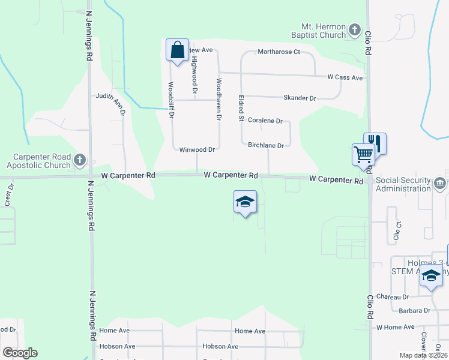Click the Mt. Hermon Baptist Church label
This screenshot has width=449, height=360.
pos(324,31)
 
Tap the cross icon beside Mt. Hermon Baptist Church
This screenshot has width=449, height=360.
pos(355,29)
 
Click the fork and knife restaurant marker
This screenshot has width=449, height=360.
pos(375,142)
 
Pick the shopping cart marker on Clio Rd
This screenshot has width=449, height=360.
pos(363,154)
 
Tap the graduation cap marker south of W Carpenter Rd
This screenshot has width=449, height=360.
pos(245,202)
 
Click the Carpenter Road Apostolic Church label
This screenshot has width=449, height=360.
pos(38,160)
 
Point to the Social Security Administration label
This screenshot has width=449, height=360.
pos(403,185)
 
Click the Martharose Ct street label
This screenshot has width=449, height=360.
pos(279,52)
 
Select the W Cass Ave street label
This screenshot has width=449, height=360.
pos(345,78)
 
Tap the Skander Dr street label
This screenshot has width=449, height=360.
pos(300,98)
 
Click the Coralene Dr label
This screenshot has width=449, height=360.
pos(265,121)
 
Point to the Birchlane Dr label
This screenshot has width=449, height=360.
pos(266,145)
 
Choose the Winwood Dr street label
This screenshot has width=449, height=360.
pos(197,149)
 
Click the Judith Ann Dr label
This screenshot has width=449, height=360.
pos(110,103)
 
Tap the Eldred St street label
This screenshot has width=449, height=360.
pos(240,108)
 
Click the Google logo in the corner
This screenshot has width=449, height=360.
pos(19,353)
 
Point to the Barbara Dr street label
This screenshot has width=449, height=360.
pos(415,311)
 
